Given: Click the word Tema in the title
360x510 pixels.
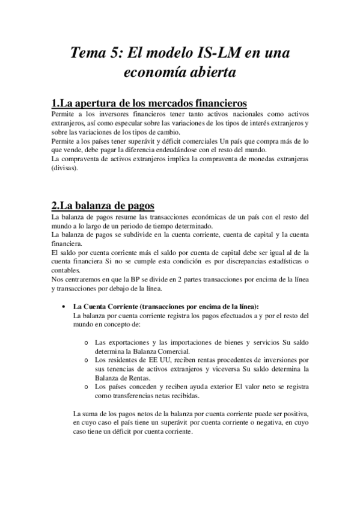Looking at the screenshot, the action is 89,53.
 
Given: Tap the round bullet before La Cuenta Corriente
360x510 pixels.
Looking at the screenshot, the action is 64,306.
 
